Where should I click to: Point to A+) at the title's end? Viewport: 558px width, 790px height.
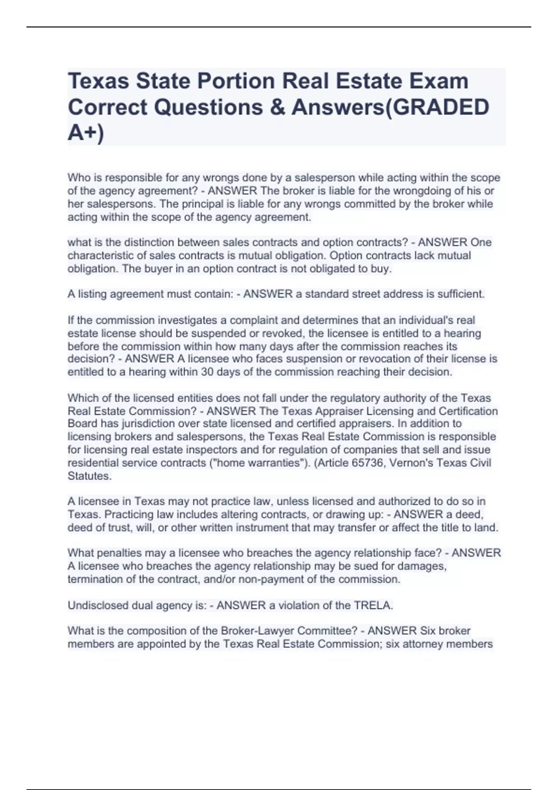pyautogui.click(x=86, y=133)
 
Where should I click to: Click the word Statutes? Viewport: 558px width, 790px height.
pyautogui.click(x=89, y=476)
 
